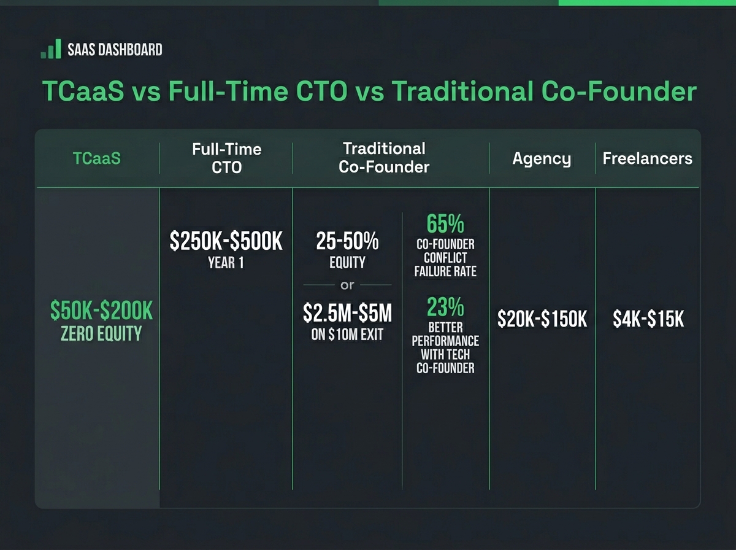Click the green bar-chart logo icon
[x=51, y=49]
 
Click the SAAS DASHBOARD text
[x=114, y=50]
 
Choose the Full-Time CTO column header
[x=226, y=158]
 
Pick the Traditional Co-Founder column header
[x=384, y=157]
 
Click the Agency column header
[x=542, y=159]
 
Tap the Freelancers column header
[x=647, y=158]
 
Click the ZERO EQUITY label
[x=101, y=334]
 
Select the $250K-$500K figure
[x=226, y=242]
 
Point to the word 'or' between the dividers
[x=347, y=285]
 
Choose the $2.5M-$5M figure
[x=347, y=314]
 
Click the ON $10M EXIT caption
[x=347, y=335]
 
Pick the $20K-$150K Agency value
[x=542, y=319]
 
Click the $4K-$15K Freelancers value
[x=648, y=319]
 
